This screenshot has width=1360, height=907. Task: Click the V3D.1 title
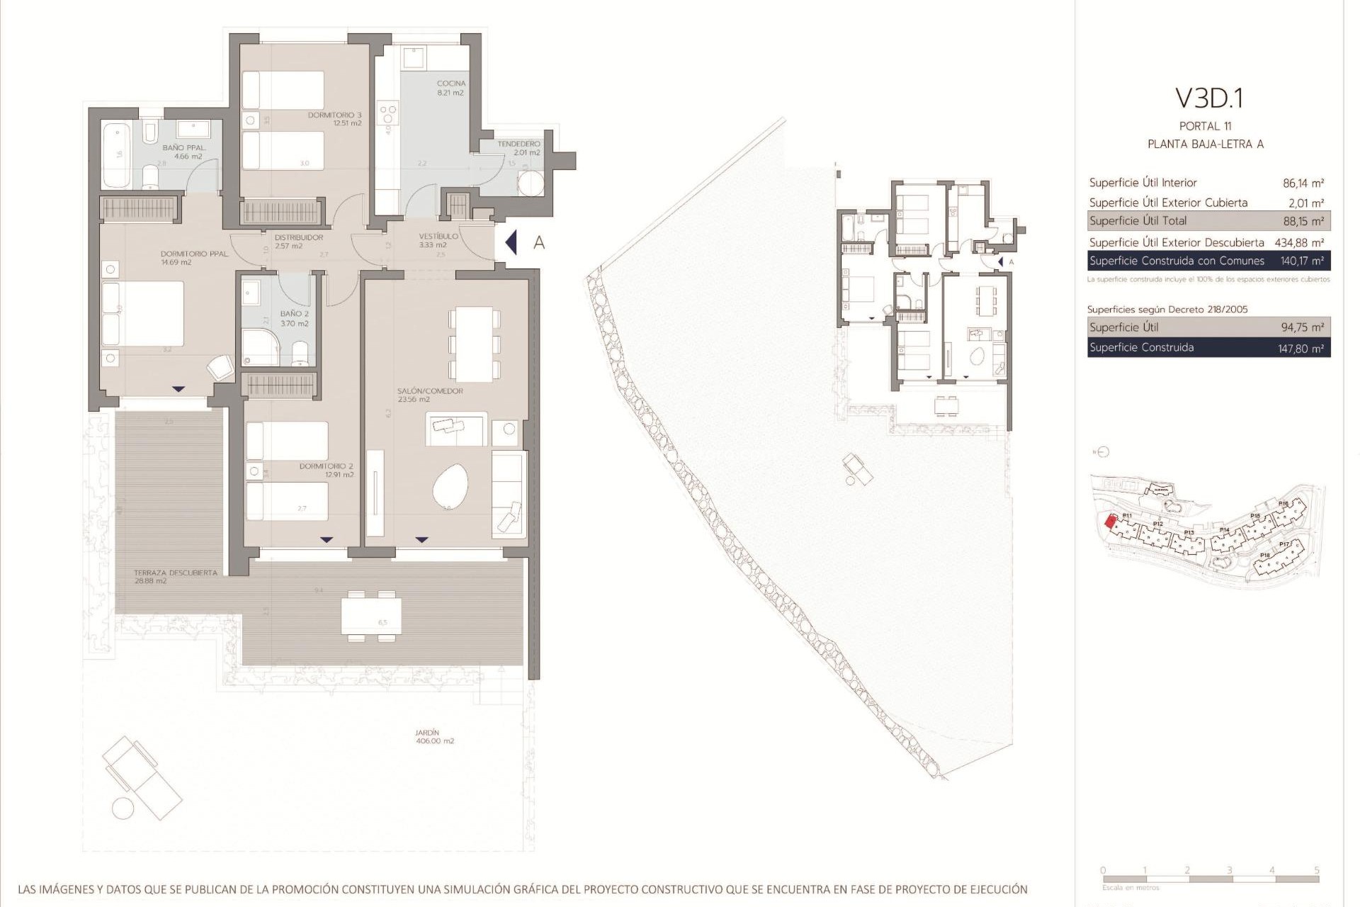pos(1208,98)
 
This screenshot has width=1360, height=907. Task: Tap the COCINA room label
pos(451,84)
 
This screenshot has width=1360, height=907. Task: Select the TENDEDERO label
pos(518,144)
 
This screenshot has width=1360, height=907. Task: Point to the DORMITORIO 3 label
pos(334,115)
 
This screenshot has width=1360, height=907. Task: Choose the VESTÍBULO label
pos(438,236)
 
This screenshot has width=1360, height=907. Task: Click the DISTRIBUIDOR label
pos(299,237)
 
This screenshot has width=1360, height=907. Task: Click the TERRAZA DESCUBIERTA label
pos(176,573)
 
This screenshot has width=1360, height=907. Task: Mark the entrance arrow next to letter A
pos(511,242)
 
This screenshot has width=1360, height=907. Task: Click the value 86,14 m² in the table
pos(1303,183)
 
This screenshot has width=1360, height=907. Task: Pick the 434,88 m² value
pos(1299,242)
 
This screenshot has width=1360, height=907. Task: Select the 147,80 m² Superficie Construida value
pos(1302,348)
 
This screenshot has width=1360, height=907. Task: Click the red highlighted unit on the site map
pos(1111,522)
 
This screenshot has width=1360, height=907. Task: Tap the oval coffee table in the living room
pos(450,487)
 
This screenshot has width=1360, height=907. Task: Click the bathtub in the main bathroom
pos(117,155)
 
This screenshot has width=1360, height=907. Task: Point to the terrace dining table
pos(371,616)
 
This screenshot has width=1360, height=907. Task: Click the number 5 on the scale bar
pos(1317,870)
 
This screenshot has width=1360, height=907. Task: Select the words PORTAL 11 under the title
pos(1205,126)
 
